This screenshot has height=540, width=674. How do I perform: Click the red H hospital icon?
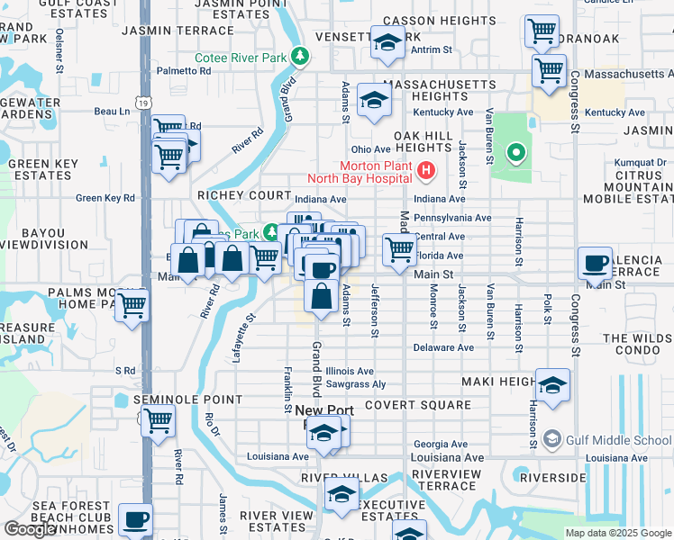point(427,168)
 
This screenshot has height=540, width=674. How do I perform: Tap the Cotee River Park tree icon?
point(302,57)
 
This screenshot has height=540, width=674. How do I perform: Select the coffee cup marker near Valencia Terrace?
point(594,262)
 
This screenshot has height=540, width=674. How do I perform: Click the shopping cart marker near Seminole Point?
point(159,419)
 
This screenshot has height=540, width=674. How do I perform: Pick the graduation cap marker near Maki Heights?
point(553,384)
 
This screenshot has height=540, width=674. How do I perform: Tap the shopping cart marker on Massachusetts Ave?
point(548,69)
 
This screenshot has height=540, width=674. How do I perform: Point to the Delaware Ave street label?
point(443,347)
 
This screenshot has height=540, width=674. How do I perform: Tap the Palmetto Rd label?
point(178,70)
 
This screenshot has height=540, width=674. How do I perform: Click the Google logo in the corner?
point(30,529)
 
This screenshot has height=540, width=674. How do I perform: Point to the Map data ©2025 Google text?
point(617,533)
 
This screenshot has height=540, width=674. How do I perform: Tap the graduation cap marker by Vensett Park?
point(388,42)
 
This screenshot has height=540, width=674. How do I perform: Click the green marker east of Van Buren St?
point(515,153)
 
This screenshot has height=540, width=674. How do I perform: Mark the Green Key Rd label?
point(105,198)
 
